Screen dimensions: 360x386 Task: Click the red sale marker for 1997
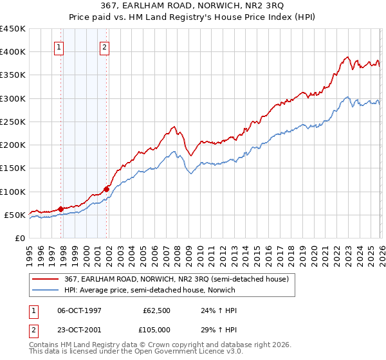point(60,208)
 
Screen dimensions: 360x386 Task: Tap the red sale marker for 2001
point(107,188)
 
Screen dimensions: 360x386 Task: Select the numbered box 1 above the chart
point(59,46)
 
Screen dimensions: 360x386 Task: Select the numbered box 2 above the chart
point(104,46)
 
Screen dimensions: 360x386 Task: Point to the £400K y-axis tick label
point(12,52)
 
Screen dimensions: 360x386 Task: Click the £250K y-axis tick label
point(12,122)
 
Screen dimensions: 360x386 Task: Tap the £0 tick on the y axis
point(19,238)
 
